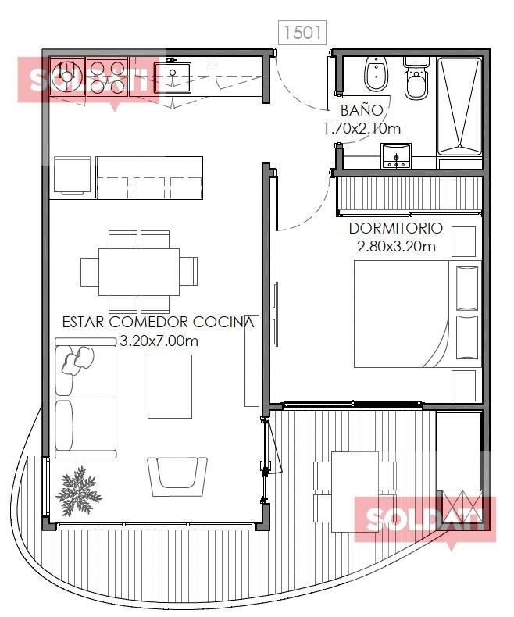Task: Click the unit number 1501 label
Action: point(302,32)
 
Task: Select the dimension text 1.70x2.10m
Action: point(362,128)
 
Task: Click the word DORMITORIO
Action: point(395,228)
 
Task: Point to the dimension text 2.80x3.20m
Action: point(396,246)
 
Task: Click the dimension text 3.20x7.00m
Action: point(159,341)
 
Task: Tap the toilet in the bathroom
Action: point(416,78)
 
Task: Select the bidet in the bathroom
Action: point(377,74)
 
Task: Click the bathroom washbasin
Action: point(396,156)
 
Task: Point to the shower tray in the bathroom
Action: point(459,106)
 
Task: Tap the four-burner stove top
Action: point(108,77)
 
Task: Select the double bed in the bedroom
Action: point(418,314)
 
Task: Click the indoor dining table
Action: point(139,272)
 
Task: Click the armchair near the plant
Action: point(177,476)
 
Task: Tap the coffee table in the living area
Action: point(170,387)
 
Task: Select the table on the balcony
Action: point(355,492)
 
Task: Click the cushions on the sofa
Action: point(78,359)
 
